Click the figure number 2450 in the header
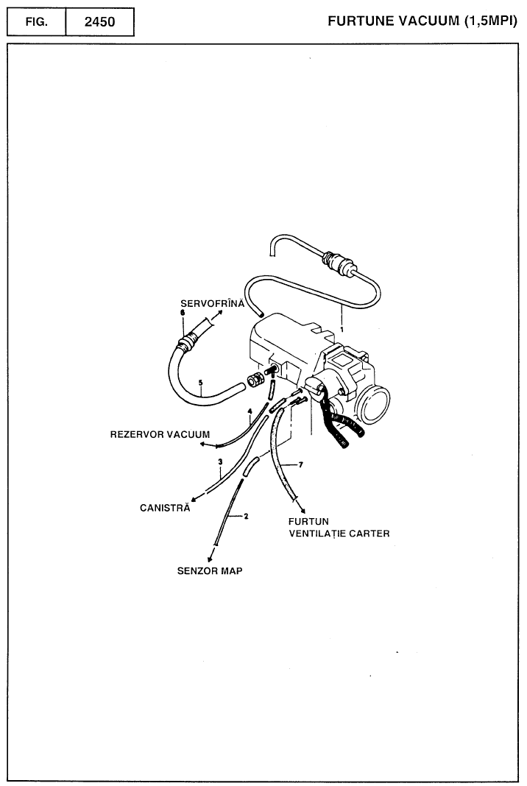[x=99, y=21]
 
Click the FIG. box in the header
[x=37, y=21]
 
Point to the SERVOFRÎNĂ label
[x=212, y=303]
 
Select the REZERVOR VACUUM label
[x=160, y=434]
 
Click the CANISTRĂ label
[x=165, y=507]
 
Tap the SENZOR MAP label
[x=210, y=570]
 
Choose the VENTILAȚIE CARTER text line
[x=339, y=533]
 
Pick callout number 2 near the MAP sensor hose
[x=246, y=516]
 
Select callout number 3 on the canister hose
[x=219, y=461]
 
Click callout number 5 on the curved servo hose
[x=200, y=382]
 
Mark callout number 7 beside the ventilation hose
[x=300, y=465]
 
